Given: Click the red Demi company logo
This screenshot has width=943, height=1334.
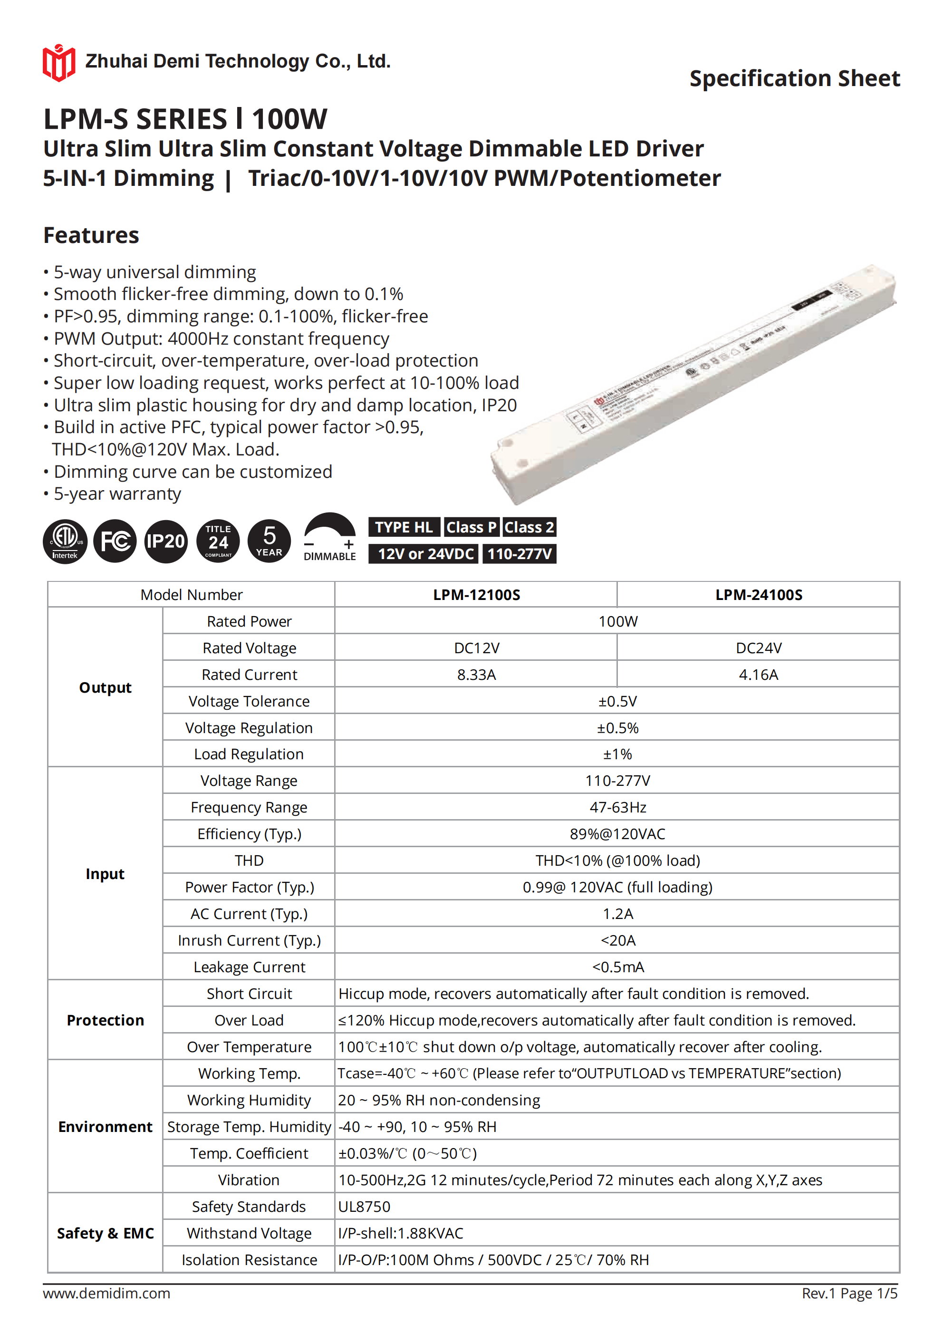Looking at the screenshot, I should coord(58,62).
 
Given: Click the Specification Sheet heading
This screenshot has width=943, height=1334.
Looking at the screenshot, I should coord(794,78).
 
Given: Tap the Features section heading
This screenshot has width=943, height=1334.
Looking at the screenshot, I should coord(91,235).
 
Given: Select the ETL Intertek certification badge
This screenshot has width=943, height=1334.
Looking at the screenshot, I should coord(65,541).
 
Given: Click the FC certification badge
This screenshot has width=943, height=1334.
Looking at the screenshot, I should coord(115,541).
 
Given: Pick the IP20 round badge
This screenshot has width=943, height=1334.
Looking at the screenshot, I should coord(165,541).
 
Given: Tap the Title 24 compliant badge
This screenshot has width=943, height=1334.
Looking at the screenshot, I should coord(218,541).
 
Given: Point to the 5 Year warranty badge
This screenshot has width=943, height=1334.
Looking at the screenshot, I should coord(269,541).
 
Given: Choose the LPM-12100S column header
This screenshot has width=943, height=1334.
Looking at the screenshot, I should coord(476,595).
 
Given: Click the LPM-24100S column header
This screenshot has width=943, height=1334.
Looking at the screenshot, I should coord(758,595).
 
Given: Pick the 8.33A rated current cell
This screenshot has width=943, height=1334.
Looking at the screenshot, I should coord(476,675).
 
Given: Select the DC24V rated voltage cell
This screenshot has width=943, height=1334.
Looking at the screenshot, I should coord(758,648).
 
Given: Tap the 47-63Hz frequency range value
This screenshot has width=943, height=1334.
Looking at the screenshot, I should coord(617,808).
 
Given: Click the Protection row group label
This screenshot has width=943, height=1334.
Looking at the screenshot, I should coord(105,1021).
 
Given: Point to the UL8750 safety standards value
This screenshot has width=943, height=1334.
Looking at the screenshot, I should coord(364,1208).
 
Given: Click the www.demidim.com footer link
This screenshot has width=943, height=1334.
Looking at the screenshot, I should coord(106,1293).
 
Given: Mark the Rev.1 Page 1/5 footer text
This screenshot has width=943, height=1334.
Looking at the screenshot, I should coord(849,1293).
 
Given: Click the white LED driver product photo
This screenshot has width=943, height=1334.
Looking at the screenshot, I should coord(694,384).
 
